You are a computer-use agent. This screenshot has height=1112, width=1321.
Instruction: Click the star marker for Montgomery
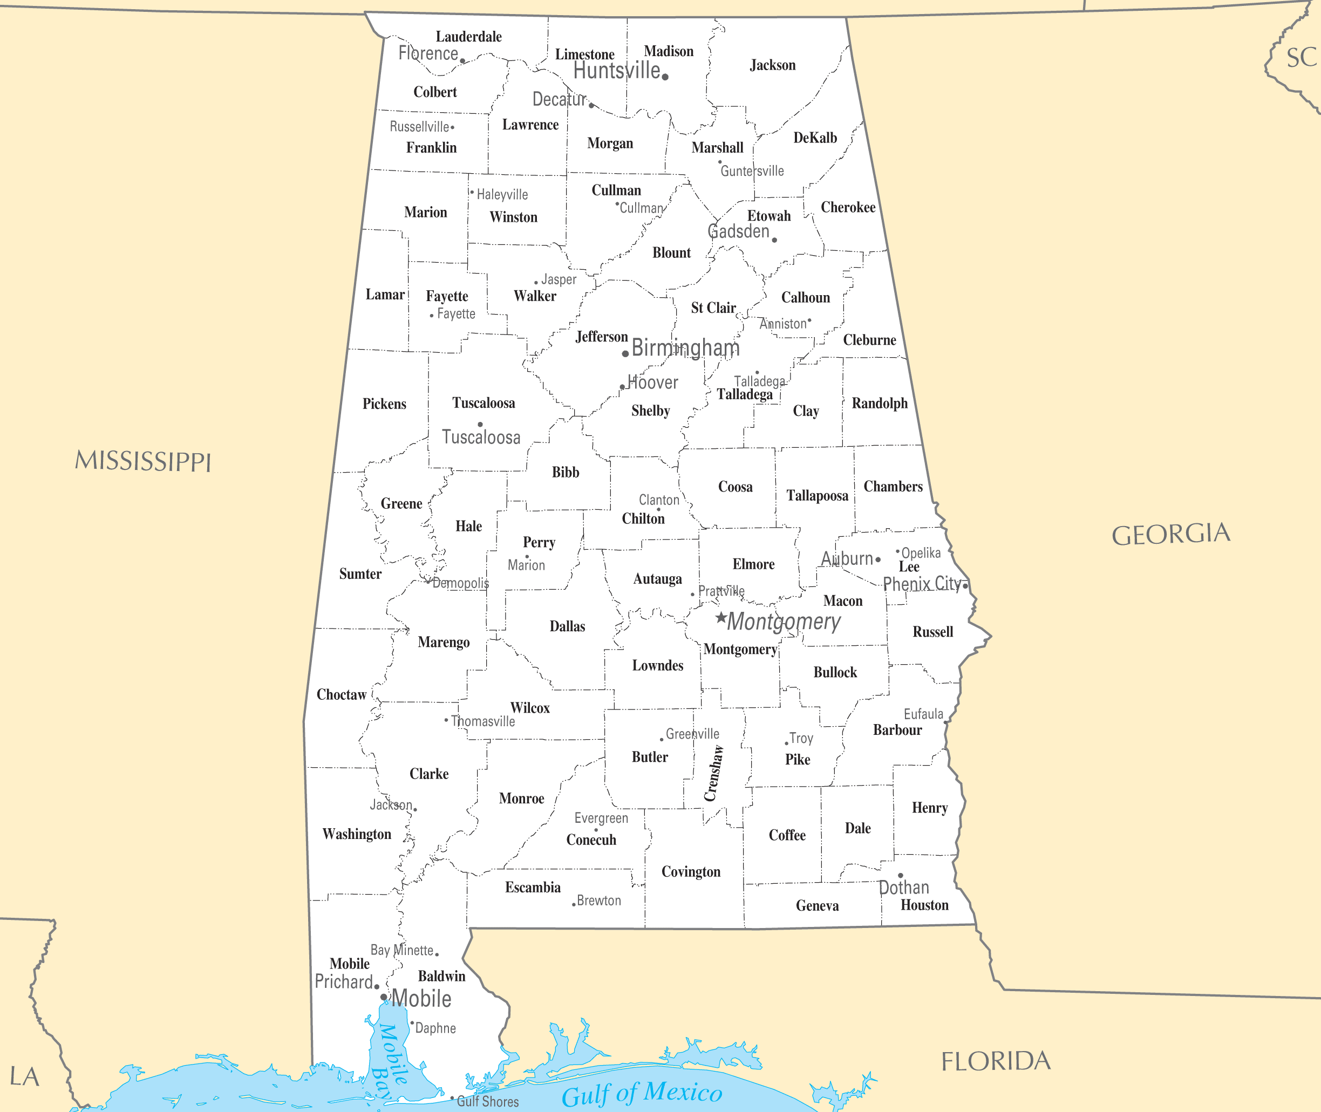click(x=721, y=617)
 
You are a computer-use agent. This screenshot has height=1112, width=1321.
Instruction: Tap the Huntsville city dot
click(x=665, y=77)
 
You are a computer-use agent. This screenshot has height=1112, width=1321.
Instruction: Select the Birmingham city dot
click(x=625, y=353)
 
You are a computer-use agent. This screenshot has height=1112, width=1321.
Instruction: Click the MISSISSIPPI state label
click(x=143, y=461)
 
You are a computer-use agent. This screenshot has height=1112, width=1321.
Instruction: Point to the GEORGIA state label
click(x=1170, y=534)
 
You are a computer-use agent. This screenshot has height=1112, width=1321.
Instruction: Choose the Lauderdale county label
click(x=468, y=37)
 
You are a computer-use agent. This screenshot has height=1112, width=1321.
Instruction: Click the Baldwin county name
click(x=441, y=976)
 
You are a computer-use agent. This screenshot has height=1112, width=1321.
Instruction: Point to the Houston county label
click(x=924, y=905)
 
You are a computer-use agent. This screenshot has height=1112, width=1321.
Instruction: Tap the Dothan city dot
click(x=901, y=876)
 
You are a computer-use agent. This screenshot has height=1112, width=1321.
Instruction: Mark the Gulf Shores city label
click(x=487, y=1101)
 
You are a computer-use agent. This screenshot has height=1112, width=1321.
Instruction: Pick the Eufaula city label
click(x=923, y=714)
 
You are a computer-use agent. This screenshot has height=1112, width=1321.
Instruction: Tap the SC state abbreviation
click(x=1301, y=58)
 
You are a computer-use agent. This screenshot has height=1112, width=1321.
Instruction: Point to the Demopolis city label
click(x=460, y=583)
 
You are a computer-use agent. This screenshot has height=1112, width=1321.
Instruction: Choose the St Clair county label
click(x=713, y=308)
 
